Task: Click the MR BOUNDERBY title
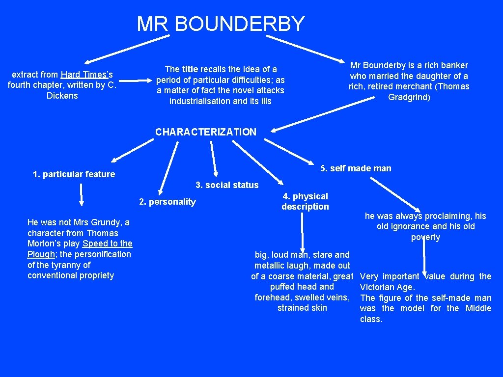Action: (221, 24)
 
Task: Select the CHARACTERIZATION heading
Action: (206, 132)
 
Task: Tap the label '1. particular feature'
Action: (74, 174)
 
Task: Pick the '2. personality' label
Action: (168, 202)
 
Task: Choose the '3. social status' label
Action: (227, 185)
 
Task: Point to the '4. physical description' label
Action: (305, 201)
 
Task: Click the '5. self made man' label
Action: (356, 168)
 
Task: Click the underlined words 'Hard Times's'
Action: (87, 75)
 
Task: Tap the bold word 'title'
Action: (190, 69)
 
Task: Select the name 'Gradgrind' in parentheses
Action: (408, 97)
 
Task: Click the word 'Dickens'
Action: (62, 96)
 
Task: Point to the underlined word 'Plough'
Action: (42, 254)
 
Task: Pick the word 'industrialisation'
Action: (200, 101)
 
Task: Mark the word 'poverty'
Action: (425, 238)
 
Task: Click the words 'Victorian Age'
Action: (387, 287)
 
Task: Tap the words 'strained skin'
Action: (302, 308)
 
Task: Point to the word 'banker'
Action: (454, 65)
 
